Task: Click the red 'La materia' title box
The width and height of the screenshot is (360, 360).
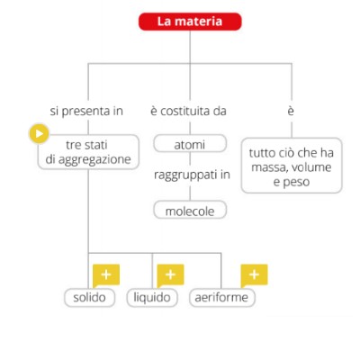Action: (x=190, y=22)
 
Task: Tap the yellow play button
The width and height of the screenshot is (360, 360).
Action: (x=39, y=133)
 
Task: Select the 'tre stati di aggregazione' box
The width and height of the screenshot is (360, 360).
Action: (x=88, y=152)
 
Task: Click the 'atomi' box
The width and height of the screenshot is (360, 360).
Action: (x=190, y=144)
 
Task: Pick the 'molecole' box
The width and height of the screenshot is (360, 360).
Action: (x=190, y=210)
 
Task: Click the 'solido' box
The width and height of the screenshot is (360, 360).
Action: (x=90, y=298)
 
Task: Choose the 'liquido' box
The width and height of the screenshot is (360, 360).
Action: (x=152, y=298)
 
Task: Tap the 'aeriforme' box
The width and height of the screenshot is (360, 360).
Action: (x=222, y=298)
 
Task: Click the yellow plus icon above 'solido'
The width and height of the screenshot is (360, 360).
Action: (x=106, y=275)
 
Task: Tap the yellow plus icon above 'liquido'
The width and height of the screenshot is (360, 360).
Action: (x=170, y=275)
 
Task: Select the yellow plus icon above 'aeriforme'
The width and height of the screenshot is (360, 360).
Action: (x=254, y=275)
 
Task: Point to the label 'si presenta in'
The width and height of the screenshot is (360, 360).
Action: (x=86, y=112)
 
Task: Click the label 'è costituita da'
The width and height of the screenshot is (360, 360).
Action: (x=188, y=111)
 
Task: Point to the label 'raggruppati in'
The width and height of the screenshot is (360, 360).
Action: (x=192, y=175)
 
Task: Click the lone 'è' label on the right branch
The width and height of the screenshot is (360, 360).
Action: (x=291, y=111)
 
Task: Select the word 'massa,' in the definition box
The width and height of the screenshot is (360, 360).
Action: (x=267, y=167)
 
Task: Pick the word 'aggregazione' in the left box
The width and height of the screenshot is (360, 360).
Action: (x=94, y=160)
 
